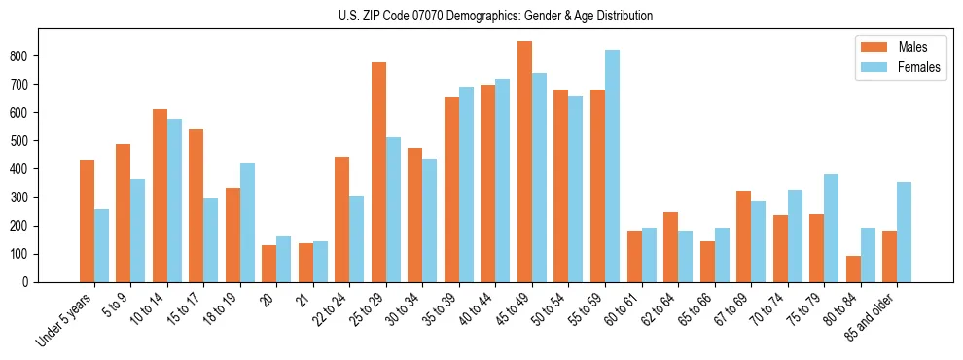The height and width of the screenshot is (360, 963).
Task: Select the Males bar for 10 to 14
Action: coord(160,196)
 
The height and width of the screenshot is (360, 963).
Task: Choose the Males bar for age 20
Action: coord(269,264)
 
